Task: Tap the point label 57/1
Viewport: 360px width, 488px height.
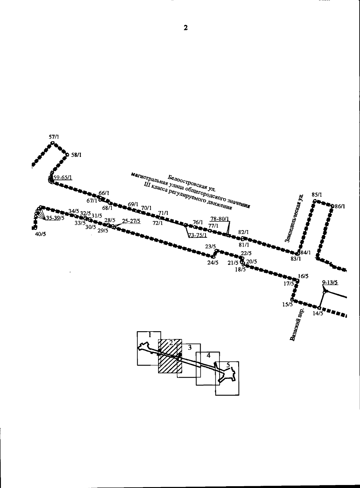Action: [x=54, y=137]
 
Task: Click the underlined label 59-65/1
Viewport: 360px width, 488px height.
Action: [x=63, y=177]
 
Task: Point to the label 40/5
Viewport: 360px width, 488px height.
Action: [x=40, y=234]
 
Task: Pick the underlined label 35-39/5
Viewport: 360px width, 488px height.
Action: [x=55, y=218]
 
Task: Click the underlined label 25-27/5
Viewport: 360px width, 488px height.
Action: [x=131, y=221]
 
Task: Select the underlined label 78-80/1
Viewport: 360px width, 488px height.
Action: [x=220, y=219]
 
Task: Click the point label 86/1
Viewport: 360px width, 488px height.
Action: [x=340, y=206]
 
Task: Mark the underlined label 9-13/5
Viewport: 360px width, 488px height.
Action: [x=330, y=282]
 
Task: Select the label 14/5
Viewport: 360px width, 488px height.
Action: [x=318, y=314]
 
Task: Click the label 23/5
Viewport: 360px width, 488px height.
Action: [x=211, y=246]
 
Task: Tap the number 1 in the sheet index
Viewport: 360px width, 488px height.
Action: [x=150, y=334]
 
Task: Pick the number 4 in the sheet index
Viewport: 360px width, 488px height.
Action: [x=208, y=355]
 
